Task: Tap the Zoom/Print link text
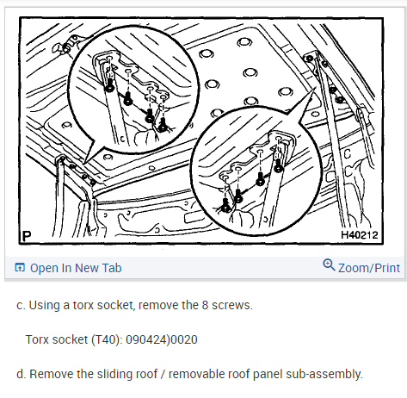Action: click(x=369, y=268)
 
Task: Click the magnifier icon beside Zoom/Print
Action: click(x=329, y=264)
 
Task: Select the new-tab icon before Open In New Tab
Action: click(x=20, y=267)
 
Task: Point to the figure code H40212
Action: click(x=360, y=235)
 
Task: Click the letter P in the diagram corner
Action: click(x=27, y=236)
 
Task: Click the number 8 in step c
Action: click(x=205, y=305)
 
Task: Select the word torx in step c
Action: click(x=83, y=305)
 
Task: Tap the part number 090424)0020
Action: click(x=162, y=339)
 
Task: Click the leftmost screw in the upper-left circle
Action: click(x=109, y=86)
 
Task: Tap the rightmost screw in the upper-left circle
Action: click(x=163, y=125)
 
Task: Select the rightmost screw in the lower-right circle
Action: click(x=278, y=166)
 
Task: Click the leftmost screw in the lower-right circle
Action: click(x=225, y=205)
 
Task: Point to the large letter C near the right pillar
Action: click(x=347, y=154)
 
